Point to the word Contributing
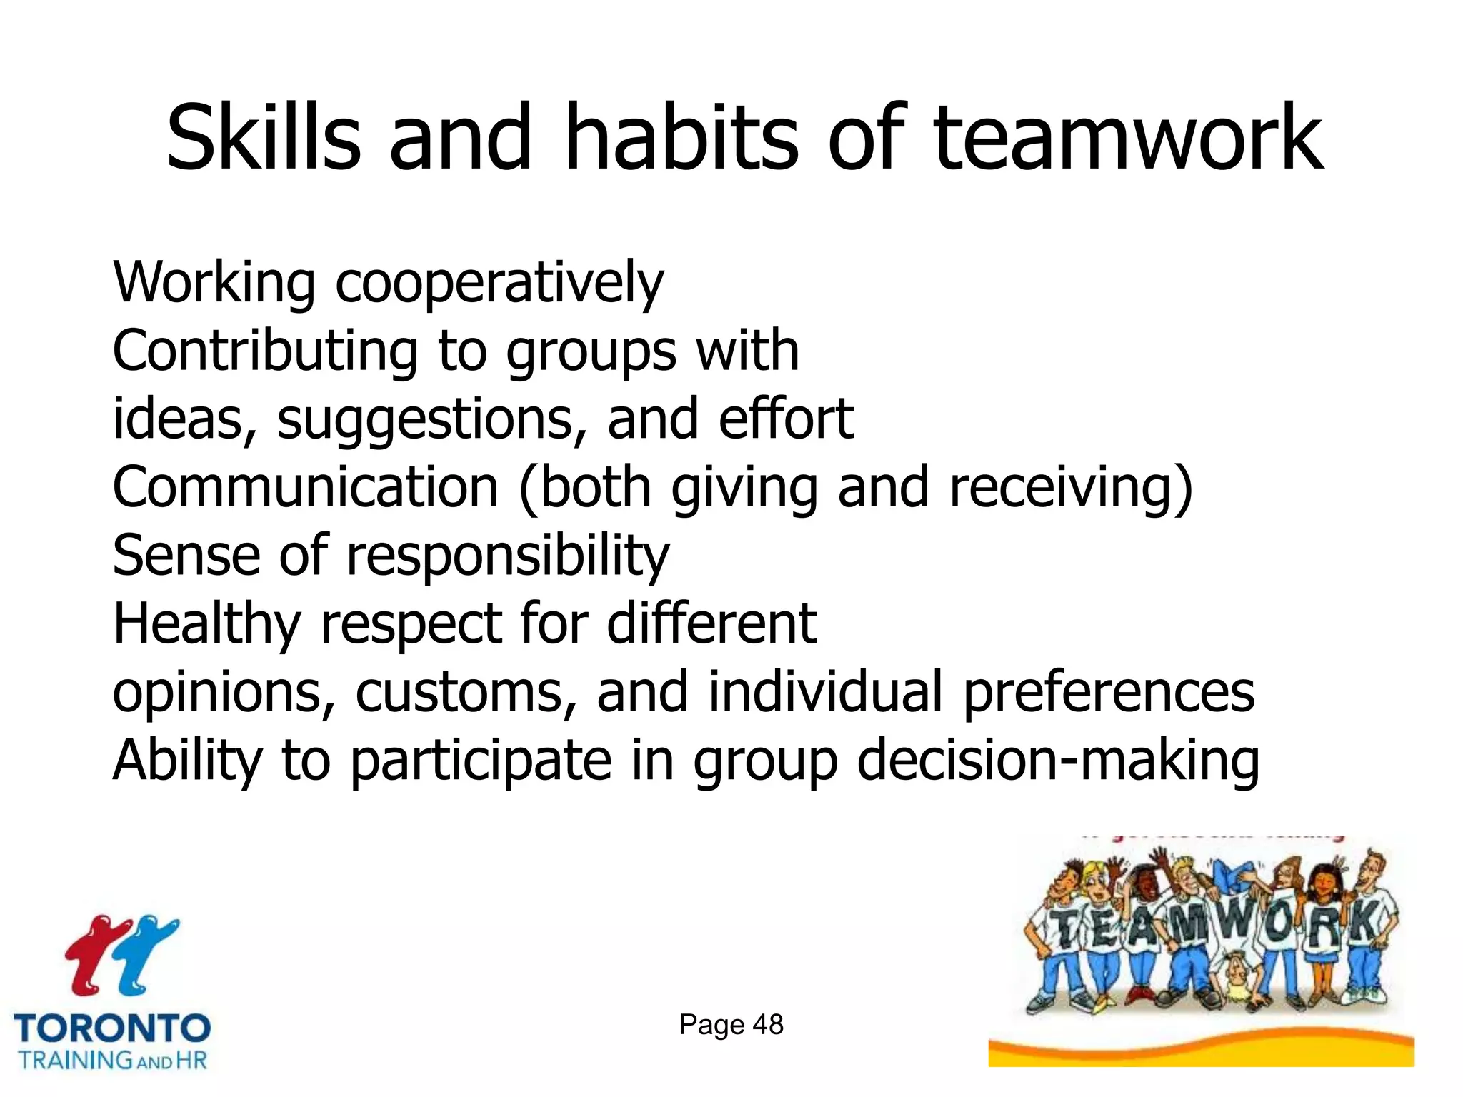[x=265, y=351]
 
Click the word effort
[x=786, y=419]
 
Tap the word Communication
[x=306, y=487]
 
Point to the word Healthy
[x=207, y=624]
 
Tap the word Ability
[x=187, y=761]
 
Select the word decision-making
[x=1058, y=761]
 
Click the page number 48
[x=768, y=1025]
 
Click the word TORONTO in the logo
[x=113, y=1029]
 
